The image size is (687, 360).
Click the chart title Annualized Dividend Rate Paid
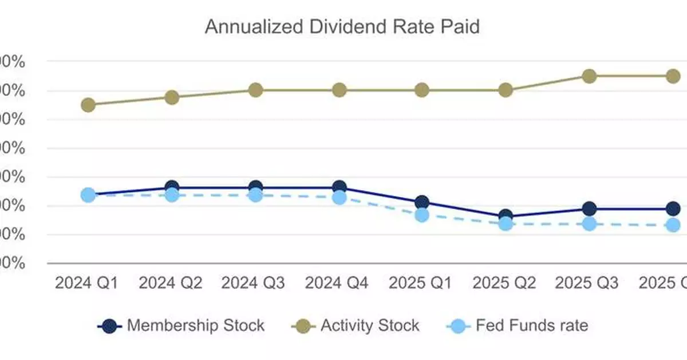(x=342, y=27)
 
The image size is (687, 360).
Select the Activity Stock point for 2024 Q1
(x=88, y=105)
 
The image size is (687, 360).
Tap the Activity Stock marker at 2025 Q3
(x=589, y=76)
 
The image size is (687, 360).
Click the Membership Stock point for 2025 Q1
(x=422, y=202)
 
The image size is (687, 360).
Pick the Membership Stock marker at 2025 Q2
(x=506, y=216)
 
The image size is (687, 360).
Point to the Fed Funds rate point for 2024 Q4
(x=339, y=197)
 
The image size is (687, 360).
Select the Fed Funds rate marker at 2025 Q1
(x=422, y=215)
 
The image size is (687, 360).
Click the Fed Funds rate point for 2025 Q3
(x=589, y=224)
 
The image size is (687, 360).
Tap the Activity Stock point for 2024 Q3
(x=255, y=90)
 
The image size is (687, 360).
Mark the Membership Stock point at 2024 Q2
(x=172, y=187)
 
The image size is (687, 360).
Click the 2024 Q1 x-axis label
(x=86, y=283)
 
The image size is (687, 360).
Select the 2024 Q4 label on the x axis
(x=337, y=283)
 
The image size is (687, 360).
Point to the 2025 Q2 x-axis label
(x=504, y=283)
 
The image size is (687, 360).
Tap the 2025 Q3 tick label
(x=587, y=283)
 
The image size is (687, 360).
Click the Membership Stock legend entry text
(x=195, y=326)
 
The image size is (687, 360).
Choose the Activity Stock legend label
(x=370, y=326)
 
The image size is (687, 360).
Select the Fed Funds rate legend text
(x=532, y=326)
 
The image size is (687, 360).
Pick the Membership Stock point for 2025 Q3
(x=589, y=208)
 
